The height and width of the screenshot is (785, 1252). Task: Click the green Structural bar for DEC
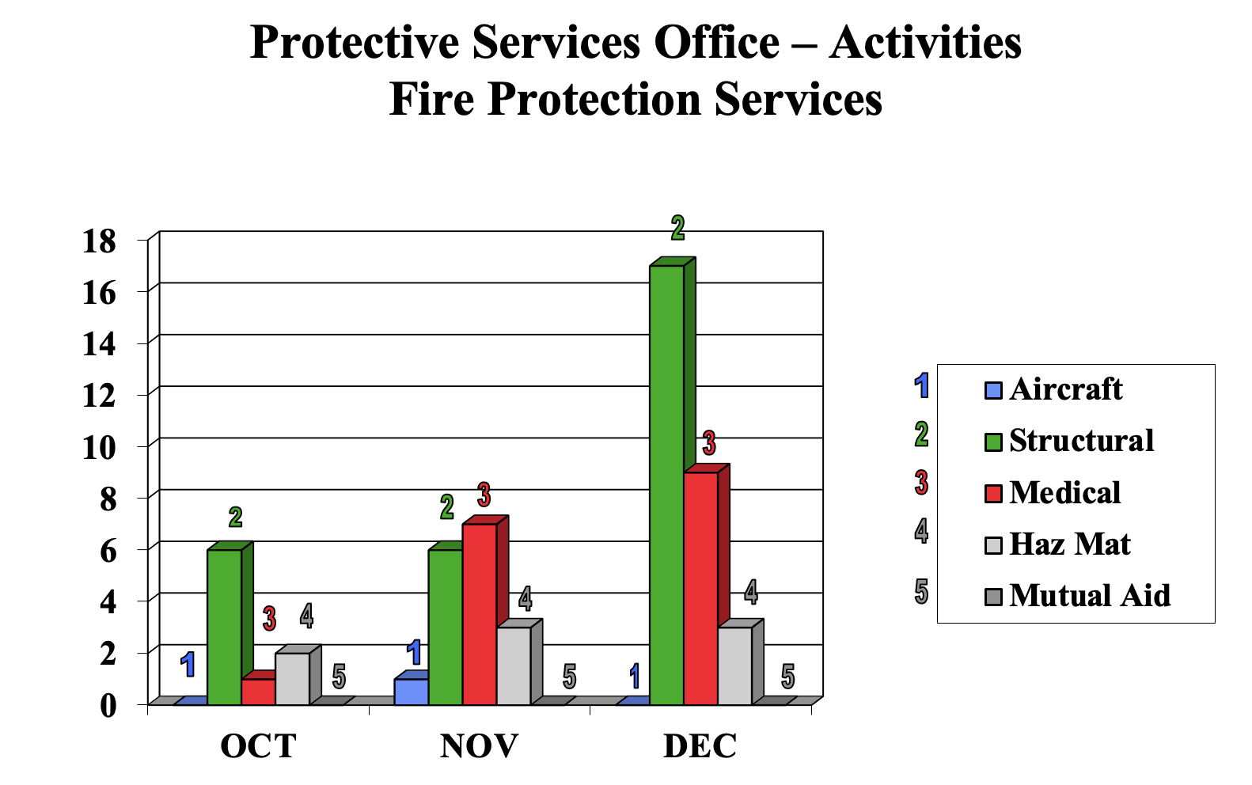click(x=666, y=484)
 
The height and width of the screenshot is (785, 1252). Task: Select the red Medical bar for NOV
click(x=479, y=613)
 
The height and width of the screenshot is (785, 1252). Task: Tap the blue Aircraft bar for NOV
click(x=411, y=692)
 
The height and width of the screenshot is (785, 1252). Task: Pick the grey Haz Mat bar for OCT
click(x=292, y=678)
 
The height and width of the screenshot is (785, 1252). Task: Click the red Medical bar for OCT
click(x=258, y=692)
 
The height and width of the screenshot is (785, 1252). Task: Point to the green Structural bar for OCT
click(x=224, y=627)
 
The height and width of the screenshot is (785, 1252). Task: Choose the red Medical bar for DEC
click(x=700, y=588)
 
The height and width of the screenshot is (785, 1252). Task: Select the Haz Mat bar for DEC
click(x=734, y=666)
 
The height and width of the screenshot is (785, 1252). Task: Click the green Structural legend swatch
click(x=993, y=442)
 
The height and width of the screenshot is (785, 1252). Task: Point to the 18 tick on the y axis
click(x=100, y=241)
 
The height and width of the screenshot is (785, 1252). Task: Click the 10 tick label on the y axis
click(x=100, y=447)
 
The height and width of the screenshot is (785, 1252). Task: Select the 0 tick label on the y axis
click(x=108, y=705)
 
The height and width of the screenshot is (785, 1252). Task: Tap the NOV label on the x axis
click(x=479, y=745)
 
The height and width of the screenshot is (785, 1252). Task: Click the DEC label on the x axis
click(x=700, y=745)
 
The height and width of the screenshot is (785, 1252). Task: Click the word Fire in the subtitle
click(x=432, y=100)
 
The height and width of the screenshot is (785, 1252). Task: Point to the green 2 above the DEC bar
click(x=677, y=228)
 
